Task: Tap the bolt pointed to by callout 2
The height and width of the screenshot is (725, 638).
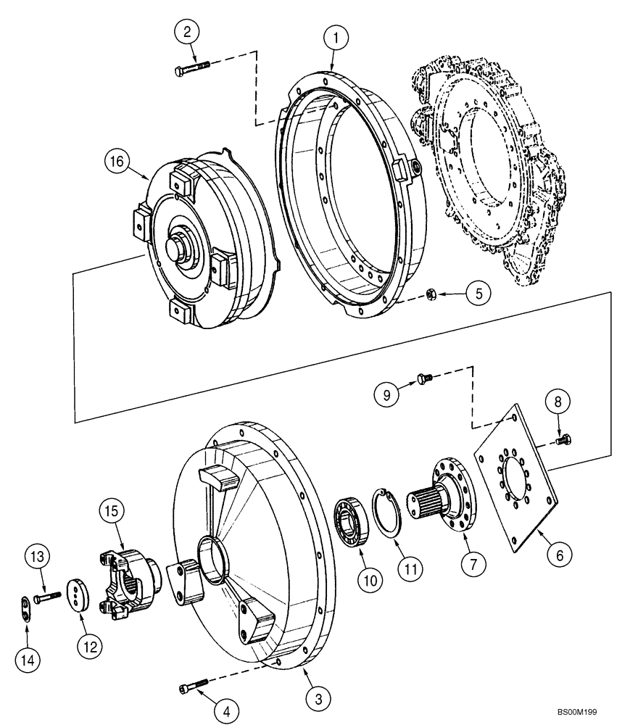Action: point(192,69)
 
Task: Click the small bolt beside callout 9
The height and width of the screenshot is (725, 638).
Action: point(425,377)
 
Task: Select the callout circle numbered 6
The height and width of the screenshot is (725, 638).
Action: point(558,555)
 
